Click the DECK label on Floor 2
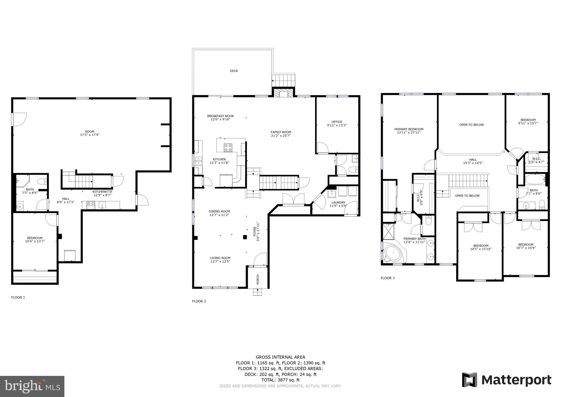click(x=234, y=71)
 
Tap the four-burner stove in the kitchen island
click(x=228, y=148)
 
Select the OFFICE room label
click(x=337, y=122)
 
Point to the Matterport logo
click(x=506, y=380)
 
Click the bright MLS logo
click(x=32, y=386)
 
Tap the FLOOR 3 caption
click(x=388, y=278)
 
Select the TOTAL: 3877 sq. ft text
click(x=280, y=380)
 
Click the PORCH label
click(x=258, y=279)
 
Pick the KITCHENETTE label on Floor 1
click(x=102, y=192)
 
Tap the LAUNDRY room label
click(x=338, y=203)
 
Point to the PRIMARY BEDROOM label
click(x=409, y=129)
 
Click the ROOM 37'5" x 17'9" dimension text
click(x=90, y=135)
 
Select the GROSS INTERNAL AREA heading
click(x=280, y=357)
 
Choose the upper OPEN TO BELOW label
click(x=471, y=125)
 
